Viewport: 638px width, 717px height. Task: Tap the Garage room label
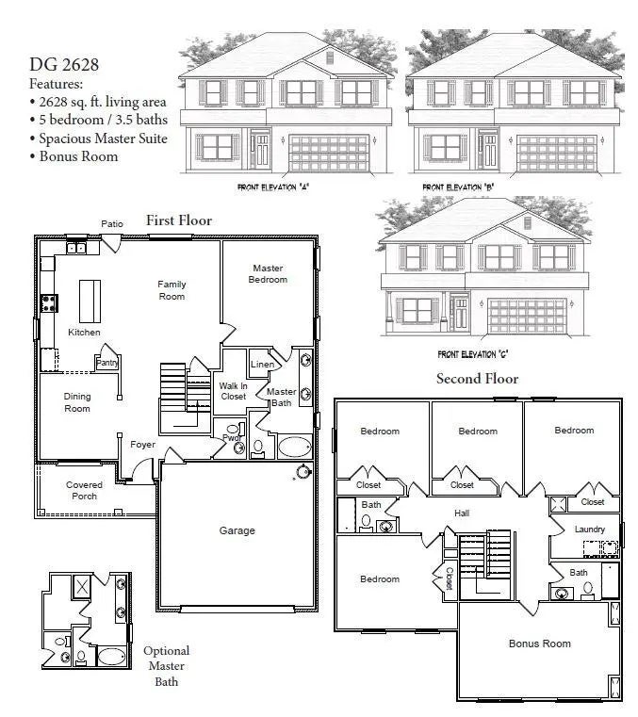[x=237, y=530]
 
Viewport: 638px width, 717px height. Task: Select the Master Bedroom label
[x=268, y=273]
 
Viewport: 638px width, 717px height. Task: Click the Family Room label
[x=172, y=290]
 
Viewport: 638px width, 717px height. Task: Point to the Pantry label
[x=106, y=362]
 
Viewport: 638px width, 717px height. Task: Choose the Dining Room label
[x=77, y=402]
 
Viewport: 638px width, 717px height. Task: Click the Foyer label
[x=142, y=445]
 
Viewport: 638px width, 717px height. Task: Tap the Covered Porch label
[x=84, y=491]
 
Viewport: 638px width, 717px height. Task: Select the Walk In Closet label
[x=233, y=390]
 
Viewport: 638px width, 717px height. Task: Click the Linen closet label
[x=262, y=365]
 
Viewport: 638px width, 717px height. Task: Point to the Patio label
[x=112, y=223]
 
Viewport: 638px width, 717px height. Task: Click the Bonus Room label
[x=539, y=644]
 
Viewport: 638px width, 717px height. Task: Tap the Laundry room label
[x=589, y=530]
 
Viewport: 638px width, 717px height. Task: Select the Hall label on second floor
[x=462, y=513]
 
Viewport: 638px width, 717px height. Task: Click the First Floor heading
[x=178, y=220]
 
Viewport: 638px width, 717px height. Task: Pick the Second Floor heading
[x=476, y=379]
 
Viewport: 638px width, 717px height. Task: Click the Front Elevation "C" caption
[x=474, y=355]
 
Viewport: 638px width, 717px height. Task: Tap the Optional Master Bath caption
[x=166, y=665]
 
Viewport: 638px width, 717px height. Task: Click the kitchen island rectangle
[x=90, y=301]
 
